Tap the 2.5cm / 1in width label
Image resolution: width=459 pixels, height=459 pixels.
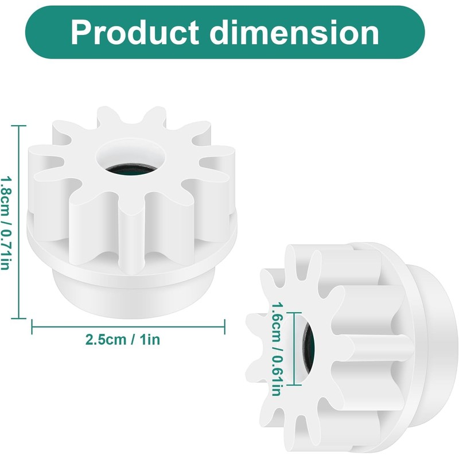tap(123, 340)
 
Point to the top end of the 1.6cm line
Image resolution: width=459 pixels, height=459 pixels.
tap(294, 313)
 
